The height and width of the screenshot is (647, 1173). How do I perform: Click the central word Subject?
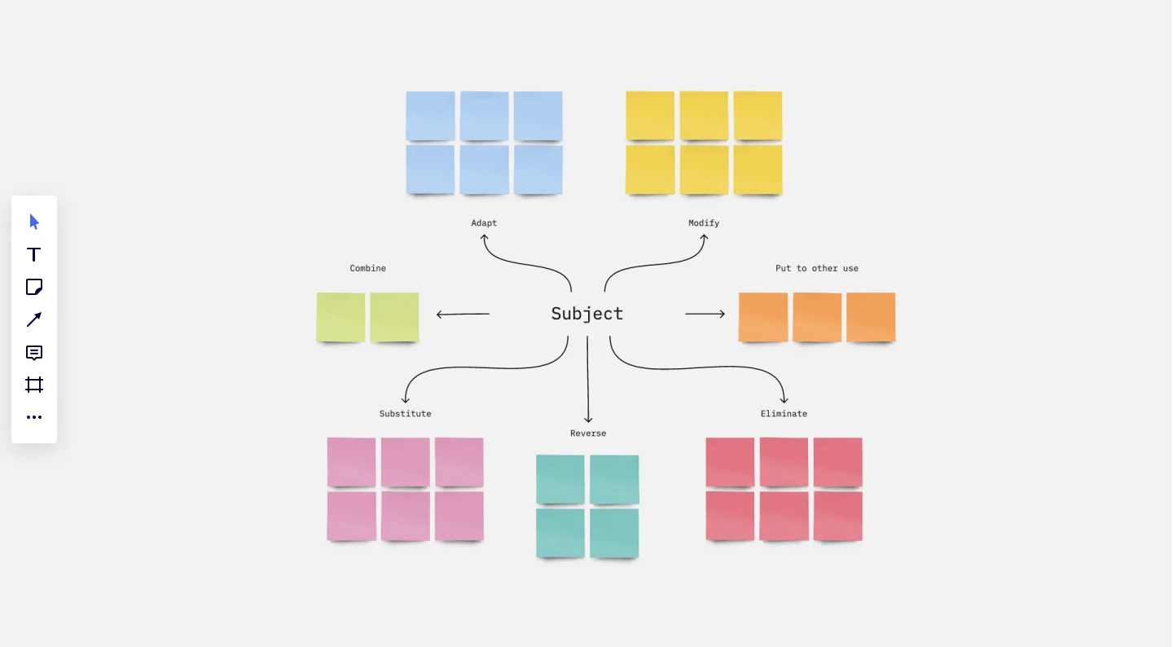tap(587, 314)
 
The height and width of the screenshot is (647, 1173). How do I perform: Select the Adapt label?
tap(484, 223)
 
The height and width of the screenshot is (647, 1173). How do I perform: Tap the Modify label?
tap(704, 223)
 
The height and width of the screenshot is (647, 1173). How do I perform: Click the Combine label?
tap(367, 268)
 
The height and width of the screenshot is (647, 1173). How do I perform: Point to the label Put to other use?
tap(817, 268)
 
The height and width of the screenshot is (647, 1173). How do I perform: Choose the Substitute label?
tap(406, 414)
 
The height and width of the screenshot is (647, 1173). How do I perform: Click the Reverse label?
tap(588, 434)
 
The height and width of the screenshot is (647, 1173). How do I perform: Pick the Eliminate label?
tap(784, 414)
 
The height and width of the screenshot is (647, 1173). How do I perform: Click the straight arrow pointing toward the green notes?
tap(463, 315)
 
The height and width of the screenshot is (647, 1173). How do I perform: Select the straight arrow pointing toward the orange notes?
tap(705, 314)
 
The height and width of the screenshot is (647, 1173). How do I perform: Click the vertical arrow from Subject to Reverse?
tap(587, 379)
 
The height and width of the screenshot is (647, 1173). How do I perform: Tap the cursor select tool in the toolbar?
tap(34, 222)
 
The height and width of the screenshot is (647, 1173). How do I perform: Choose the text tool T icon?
tap(33, 254)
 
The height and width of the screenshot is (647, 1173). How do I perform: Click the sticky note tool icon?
tap(34, 287)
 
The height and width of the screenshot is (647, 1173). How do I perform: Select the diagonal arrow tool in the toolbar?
tap(34, 319)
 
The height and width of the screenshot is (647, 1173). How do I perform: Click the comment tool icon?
tap(34, 353)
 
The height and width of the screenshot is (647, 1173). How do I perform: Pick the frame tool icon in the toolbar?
tap(34, 385)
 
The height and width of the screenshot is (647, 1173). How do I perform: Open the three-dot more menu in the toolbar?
tap(34, 417)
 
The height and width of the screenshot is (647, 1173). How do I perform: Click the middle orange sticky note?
tap(817, 318)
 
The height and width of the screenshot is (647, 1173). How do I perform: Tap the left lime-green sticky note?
tap(340, 318)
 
